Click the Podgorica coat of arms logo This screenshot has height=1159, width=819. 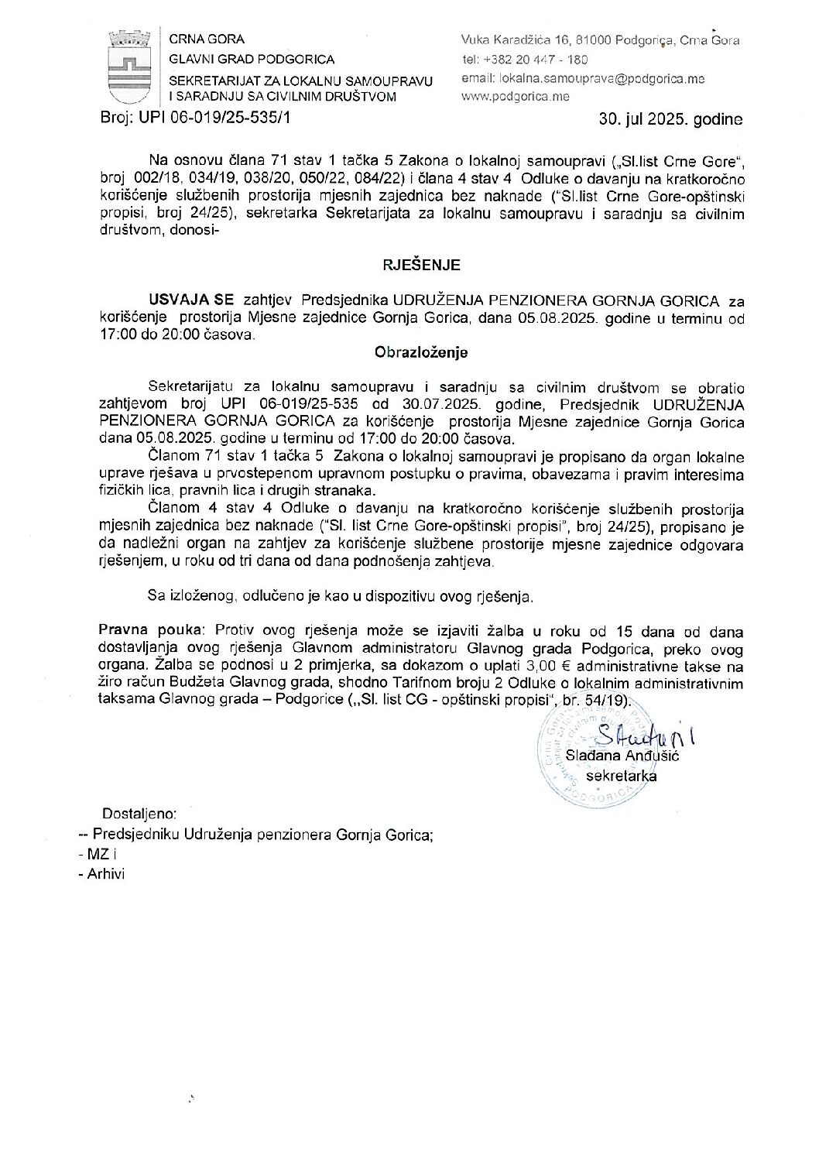tap(129, 68)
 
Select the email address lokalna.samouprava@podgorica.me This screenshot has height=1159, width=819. tap(583, 78)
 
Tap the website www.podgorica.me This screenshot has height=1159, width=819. tap(515, 97)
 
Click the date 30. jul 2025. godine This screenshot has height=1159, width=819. tap(670, 120)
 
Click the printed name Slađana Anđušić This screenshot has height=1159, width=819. tap(622, 756)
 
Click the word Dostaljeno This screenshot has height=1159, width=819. tap(139, 814)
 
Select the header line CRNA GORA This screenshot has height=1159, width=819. tap(207, 39)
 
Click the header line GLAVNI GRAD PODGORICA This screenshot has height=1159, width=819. tap(252, 60)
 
